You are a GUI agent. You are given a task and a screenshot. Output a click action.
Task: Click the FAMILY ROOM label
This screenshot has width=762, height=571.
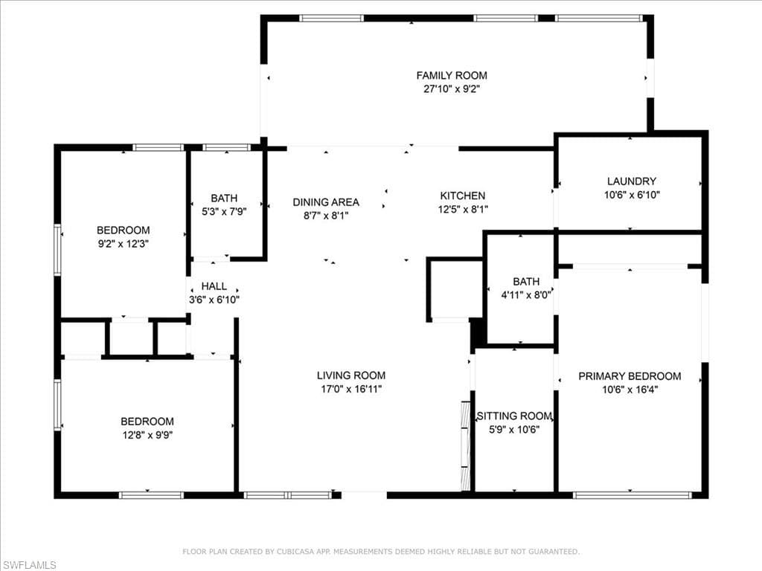452,75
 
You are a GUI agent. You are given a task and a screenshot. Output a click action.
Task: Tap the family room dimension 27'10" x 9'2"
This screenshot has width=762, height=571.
452,88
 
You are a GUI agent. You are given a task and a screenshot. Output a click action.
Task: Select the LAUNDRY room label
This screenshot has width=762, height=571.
631,181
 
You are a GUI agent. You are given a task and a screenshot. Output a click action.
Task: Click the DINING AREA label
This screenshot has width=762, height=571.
325,201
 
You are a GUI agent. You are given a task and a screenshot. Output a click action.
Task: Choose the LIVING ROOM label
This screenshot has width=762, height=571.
351,375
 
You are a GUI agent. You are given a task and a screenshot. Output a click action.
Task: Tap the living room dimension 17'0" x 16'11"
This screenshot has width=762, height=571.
351,389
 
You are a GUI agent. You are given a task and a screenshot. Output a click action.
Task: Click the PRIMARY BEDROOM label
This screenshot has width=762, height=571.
630,376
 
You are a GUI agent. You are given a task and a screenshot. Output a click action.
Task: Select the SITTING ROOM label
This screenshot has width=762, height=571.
514,416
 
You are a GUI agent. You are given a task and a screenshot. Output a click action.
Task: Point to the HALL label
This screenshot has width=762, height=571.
214,286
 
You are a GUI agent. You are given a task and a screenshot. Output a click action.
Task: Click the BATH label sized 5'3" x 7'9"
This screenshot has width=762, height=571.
224,198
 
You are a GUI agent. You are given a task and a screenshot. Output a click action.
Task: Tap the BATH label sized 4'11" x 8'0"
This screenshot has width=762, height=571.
526,281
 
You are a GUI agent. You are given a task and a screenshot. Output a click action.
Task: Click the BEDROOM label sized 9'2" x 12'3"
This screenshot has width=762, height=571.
123,230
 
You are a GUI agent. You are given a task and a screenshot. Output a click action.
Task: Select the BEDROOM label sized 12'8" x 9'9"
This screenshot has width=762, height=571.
147,421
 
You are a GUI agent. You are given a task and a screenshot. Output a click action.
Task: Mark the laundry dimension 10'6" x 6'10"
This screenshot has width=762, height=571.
631,195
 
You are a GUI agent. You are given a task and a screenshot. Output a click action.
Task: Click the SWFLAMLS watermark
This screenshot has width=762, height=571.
29,565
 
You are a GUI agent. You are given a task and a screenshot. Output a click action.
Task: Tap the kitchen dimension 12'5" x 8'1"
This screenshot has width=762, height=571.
462,210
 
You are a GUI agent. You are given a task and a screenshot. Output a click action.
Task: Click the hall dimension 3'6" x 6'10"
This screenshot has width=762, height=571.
214,300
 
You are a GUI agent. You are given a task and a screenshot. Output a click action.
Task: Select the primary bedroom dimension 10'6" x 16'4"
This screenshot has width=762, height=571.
630,390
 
